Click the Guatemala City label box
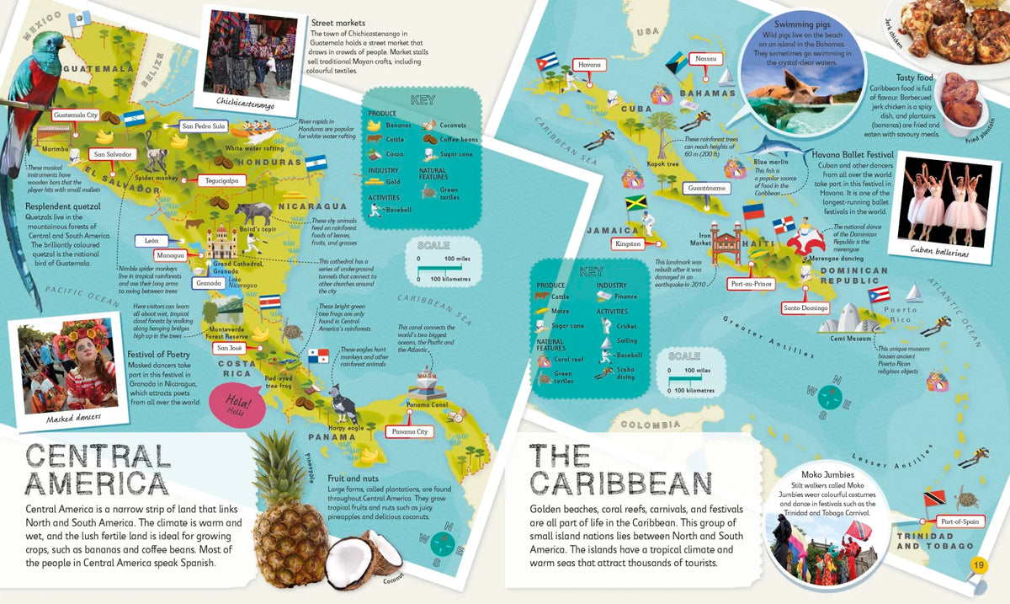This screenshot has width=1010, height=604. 76,115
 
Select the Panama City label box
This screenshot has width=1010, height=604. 411,432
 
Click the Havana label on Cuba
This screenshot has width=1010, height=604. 589,65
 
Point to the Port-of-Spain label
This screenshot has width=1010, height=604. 959,522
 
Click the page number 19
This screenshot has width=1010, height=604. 978,564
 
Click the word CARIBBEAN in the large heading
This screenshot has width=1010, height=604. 621,484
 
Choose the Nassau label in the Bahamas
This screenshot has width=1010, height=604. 704,58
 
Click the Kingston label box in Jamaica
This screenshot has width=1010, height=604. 628,243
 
